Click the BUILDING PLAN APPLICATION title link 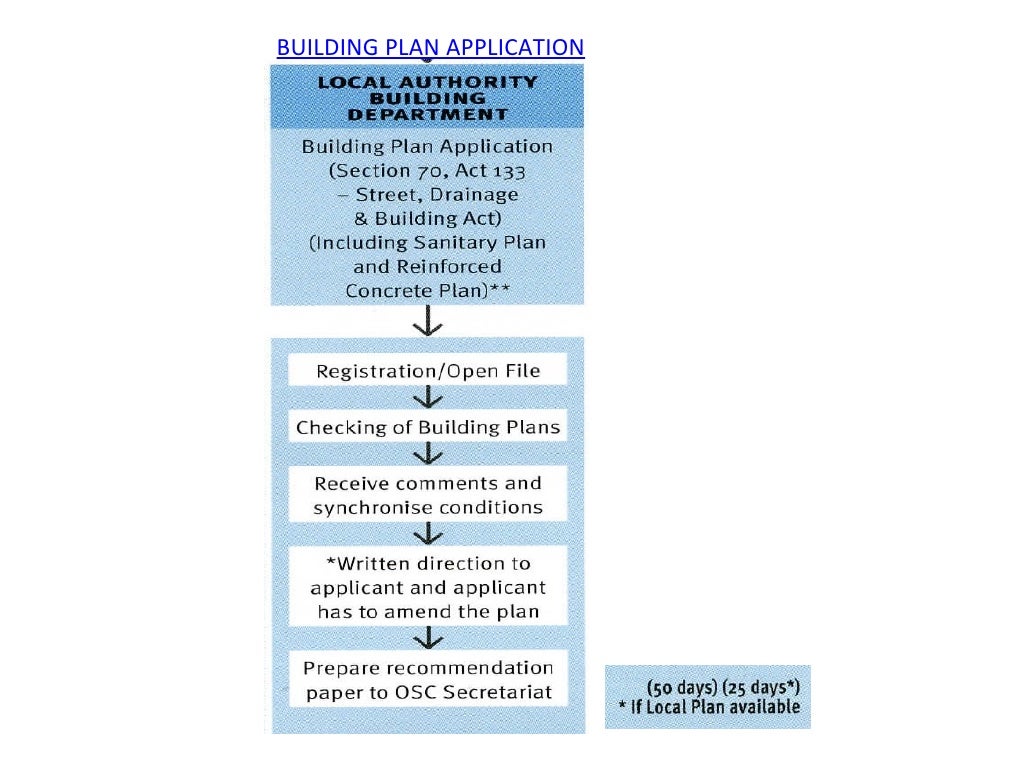(x=430, y=48)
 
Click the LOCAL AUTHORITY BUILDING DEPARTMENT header (x=427, y=98)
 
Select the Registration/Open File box (x=428, y=371)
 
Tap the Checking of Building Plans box (x=428, y=428)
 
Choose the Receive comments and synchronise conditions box (x=428, y=495)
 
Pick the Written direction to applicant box (x=428, y=586)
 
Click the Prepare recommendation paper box (x=428, y=680)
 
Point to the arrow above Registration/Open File (x=428, y=324)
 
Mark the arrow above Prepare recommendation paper (x=428, y=637)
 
